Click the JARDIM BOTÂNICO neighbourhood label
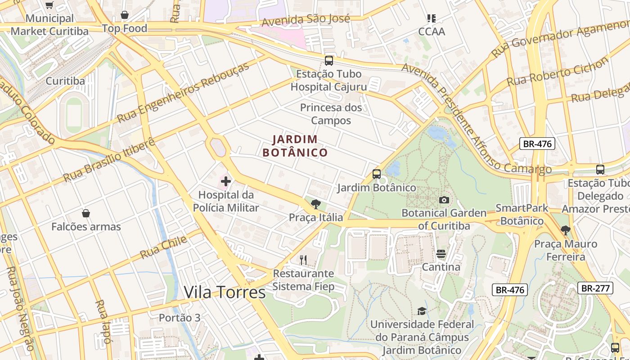click(295, 146)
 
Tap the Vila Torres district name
click(225, 292)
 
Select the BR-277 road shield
click(595, 288)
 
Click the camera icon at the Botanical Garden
click(444, 200)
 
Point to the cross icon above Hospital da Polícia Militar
click(226, 181)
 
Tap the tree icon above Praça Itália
click(316, 204)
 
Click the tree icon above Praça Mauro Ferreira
click(566, 230)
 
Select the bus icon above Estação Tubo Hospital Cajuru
click(329, 60)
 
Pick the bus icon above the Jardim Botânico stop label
click(377, 174)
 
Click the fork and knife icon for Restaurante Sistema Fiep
click(303, 260)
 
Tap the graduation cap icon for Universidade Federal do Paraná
click(422, 311)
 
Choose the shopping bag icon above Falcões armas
click(86, 213)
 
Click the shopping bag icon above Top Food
click(125, 15)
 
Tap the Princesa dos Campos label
click(331, 114)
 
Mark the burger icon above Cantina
click(441, 254)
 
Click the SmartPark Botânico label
click(522, 214)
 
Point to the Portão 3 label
click(180, 318)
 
